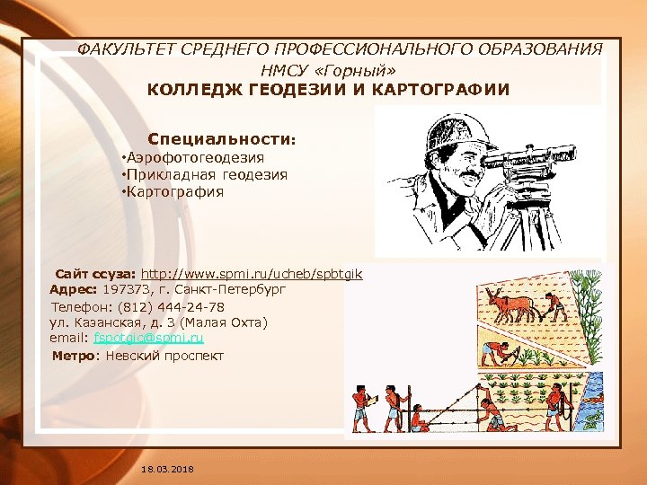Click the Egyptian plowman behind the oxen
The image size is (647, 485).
click(555, 305)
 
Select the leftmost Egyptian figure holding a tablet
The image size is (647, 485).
click(359, 408)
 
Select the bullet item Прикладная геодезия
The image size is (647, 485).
click(207, 175)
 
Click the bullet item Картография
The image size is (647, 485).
click(174, 191)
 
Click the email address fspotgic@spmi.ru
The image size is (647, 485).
click(149, 339)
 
